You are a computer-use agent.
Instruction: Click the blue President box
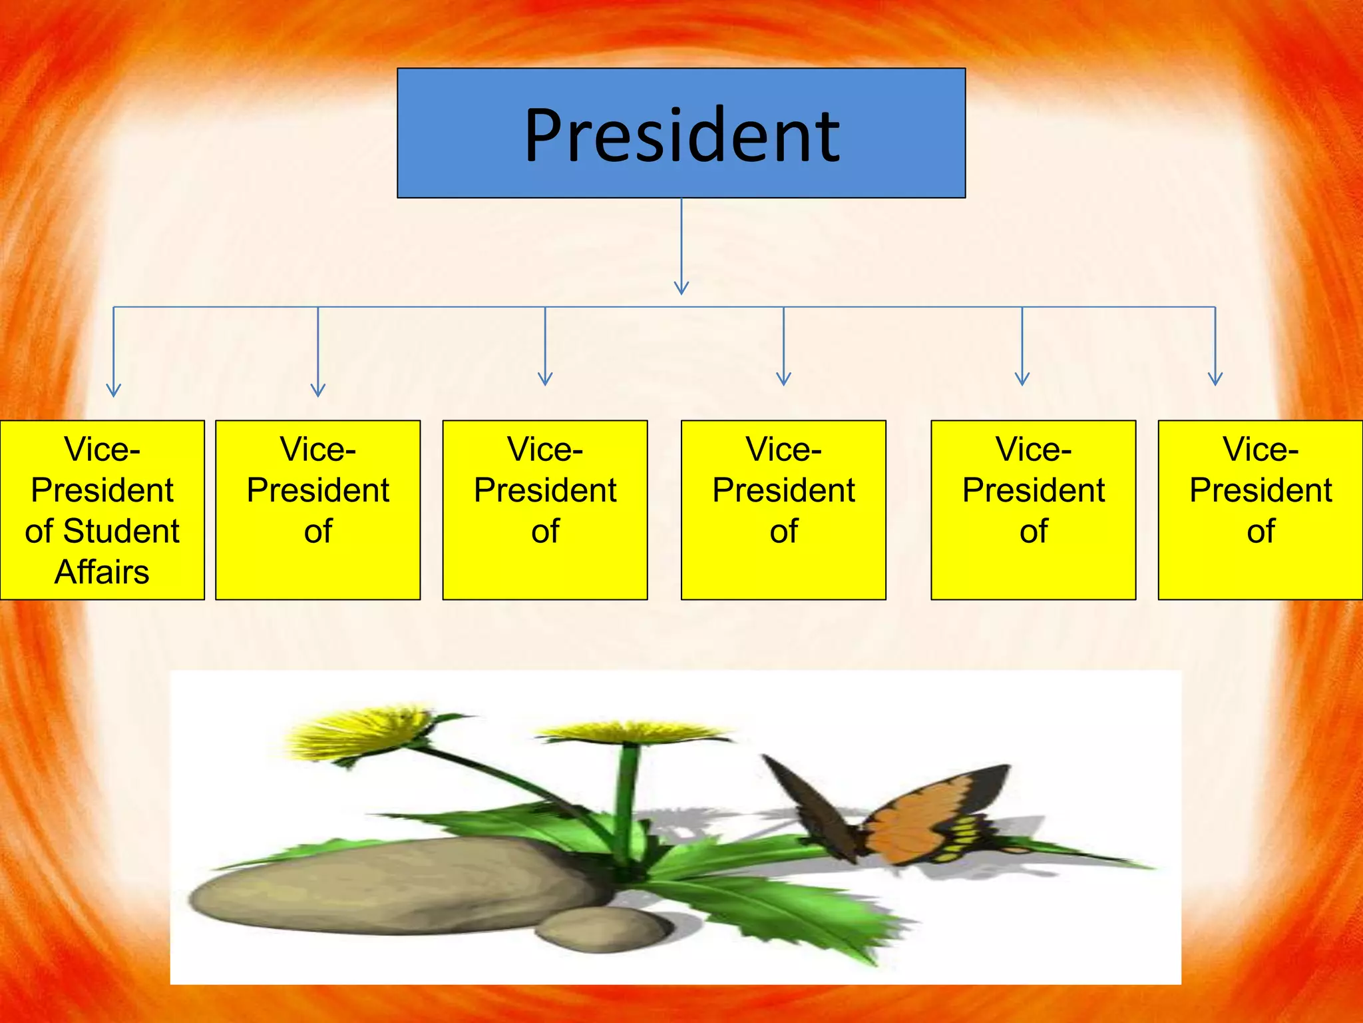pyautogui.click(x=681, y=133)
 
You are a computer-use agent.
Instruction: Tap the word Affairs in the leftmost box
pyautogui.click(x=102, y=572)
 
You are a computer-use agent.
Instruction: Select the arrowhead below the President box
pyautogui.click(x=681, y=287)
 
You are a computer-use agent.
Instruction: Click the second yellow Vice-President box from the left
pyautogui.click(x=318, y=510)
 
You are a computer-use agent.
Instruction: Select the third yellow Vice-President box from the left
pyautogui.click(x=545, y=510)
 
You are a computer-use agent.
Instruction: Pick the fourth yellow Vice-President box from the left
pyautogui.click(x=783, y=510)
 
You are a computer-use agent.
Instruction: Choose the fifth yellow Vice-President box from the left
pyautogui.click(x=1033, y=510)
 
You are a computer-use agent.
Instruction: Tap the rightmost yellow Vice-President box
pyautogui.click(x=1261, y=510)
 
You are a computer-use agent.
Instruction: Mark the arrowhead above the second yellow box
pyautogui.click(x=318, y=390)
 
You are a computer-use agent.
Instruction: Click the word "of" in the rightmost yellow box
pyautogui.click(x=1261, y=531)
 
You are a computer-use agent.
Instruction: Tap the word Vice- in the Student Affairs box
pyautogui.click(x=102, y=450)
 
